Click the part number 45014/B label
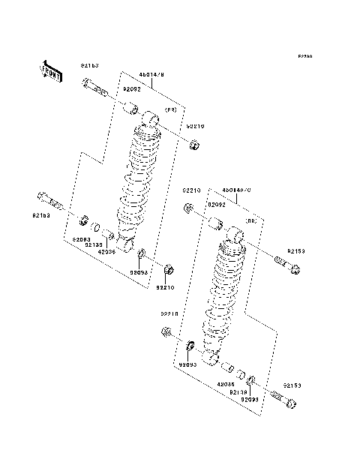coord(151,76)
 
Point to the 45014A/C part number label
coord(238,190)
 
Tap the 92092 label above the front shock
coord(131,88)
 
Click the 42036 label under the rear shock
coord(226,384)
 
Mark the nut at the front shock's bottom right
coord(169,268)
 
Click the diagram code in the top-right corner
coord(304,57)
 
